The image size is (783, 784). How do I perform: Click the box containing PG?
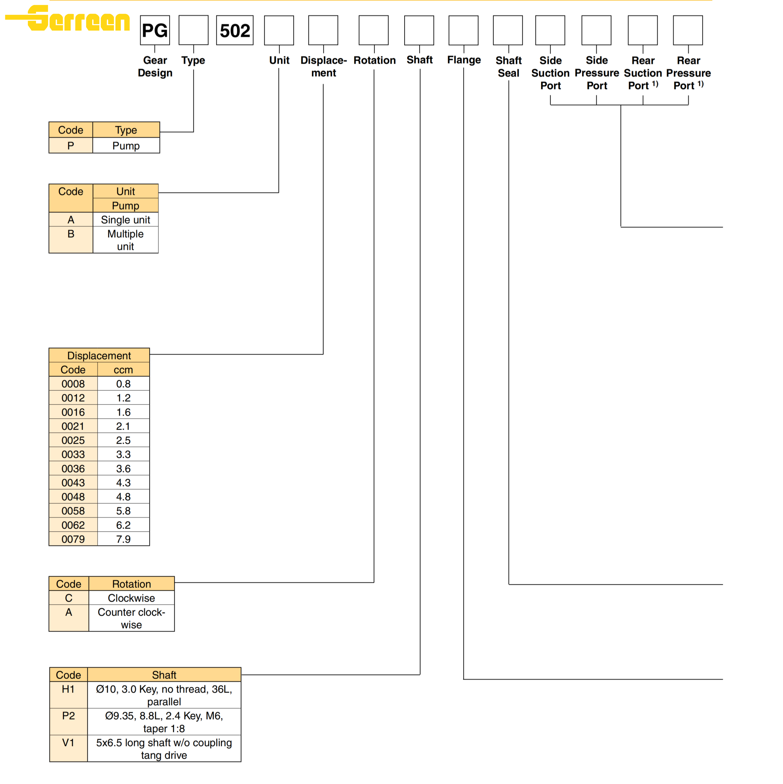click(155, 30)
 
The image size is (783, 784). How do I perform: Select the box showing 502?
click(235, 30)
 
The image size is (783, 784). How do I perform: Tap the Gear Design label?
click(155, 67)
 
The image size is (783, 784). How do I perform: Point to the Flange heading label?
click(464, 60)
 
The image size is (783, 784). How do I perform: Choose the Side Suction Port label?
click(550, 73)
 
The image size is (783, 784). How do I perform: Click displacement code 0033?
click(73, 454)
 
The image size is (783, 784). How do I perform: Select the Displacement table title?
click(99, 355)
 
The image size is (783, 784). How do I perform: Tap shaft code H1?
click(68, 689)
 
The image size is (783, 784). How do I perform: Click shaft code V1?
click(68, 743)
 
